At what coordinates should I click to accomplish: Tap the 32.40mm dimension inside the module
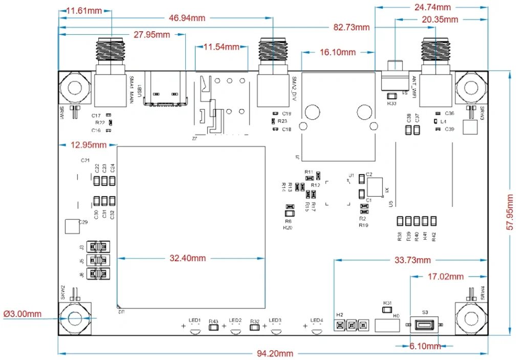pos(188,259)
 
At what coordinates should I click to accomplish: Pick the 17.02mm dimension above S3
pos(445,277)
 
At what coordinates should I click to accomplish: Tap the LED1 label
pos(194,320)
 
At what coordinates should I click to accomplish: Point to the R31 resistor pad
pos(387,309)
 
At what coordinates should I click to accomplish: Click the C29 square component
pos(71,226)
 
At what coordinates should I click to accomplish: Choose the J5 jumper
pos(98,260)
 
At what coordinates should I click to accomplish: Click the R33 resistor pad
pos(392,96)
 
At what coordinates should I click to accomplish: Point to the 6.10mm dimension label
pos(425,347)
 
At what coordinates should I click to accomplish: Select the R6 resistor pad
pos(289,214)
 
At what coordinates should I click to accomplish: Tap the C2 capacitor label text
pos(369,175)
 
